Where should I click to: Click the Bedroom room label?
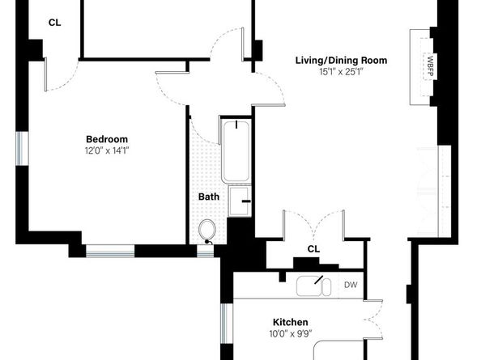(x=107, y=138)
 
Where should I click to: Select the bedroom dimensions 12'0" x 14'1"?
(x=107, y=150)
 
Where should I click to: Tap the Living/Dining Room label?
(x=340, y=60)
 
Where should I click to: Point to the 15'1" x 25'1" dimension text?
(x=340, y=72)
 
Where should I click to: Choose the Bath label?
(x=209, y=196)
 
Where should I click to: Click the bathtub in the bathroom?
(x=236, y=150)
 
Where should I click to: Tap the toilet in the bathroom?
(x=208, y=230)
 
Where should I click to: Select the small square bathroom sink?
(x=240, y=201)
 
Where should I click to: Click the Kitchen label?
(x=290, y=322)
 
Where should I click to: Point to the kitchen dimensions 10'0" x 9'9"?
(x=290, y=333)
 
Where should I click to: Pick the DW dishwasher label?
(x=351, y=285)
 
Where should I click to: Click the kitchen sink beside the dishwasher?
(x=314, y=286)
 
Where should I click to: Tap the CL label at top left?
(x=54, y=22)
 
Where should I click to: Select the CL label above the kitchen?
(x=313, y=249)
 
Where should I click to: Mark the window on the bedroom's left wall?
(x=23, y=149)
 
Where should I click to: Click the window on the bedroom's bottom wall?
(x=110, y=251)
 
